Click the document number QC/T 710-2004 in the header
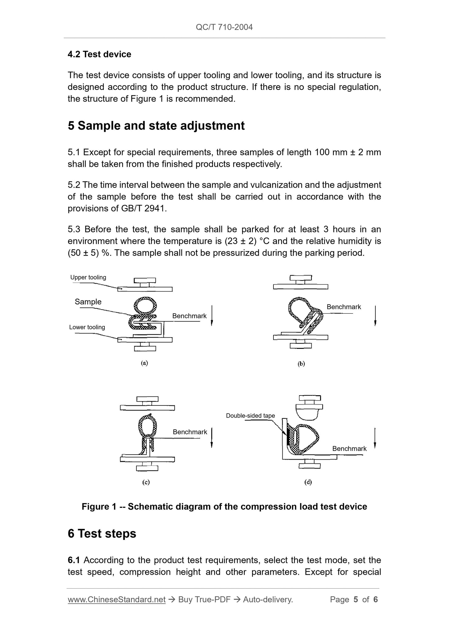click(x=224, y=27)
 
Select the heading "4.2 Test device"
click(x=99, y=54)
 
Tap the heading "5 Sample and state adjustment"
click(x=156, y=126)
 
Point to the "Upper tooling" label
click(x=88, y=278)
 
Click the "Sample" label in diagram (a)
click(x=88, y=302)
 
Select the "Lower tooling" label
click(x=87, y=327)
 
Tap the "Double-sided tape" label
click(x=250, y=416)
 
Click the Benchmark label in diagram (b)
click(x=344, y=307)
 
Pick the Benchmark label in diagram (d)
click(x=349, y=449)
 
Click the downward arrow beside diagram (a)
click(x=212, y=316)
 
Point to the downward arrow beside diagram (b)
click(x=375, y=316)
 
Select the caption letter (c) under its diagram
click(x=146, y=482)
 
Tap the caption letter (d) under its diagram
click(x=308, y=482)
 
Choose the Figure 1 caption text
click(x=224, y=507)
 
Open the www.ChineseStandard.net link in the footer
click(x=117, y=600)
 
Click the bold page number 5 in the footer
click(x=356, y=600)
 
